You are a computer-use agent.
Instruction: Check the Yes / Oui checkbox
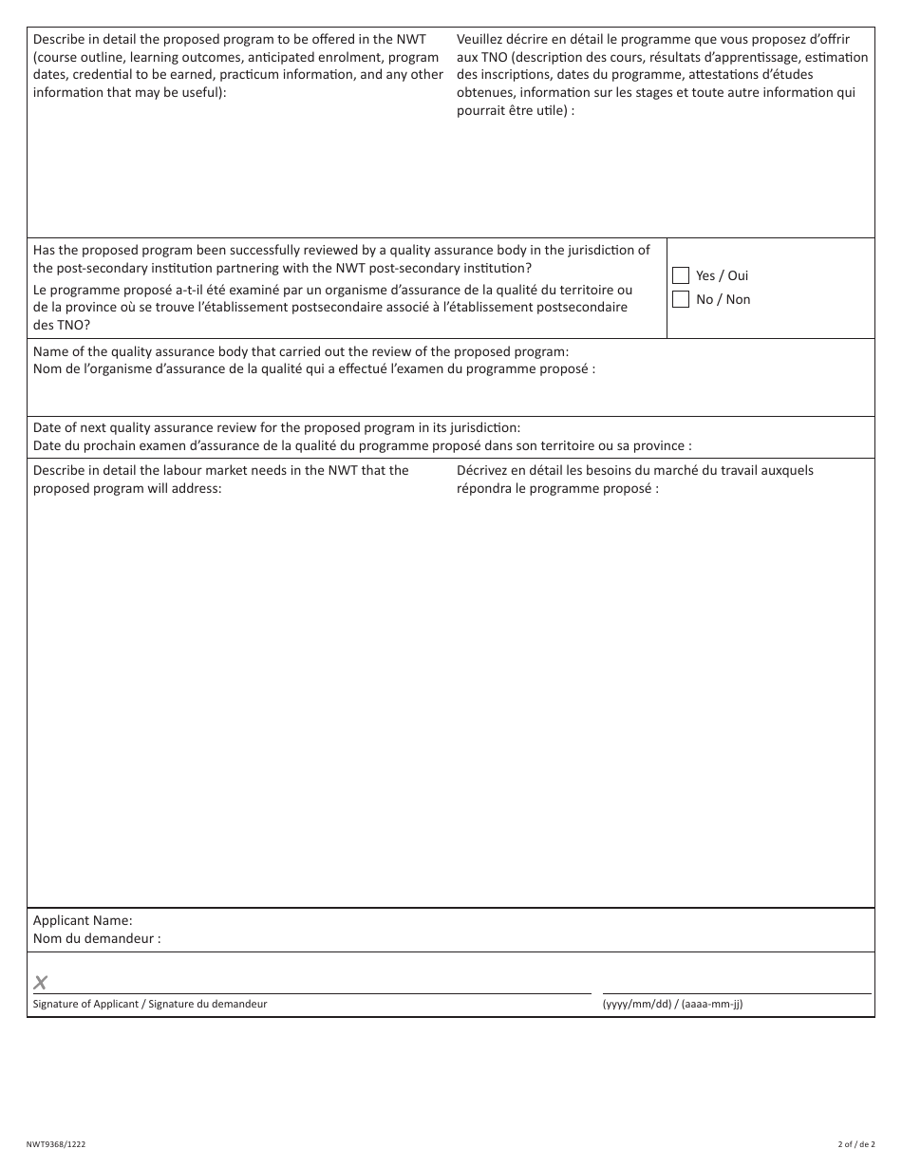coord(681,275)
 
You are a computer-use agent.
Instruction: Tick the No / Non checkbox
coord(681,299)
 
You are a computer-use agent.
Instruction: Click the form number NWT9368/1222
coord(56,1144)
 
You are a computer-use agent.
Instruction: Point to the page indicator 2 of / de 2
coord(855,1144)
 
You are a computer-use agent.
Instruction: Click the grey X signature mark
coord(41,983)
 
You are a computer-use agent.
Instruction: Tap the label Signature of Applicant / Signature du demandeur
coord(150,1004)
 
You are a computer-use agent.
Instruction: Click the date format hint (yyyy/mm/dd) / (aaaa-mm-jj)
coord(673,1004)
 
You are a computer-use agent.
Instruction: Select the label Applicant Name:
coord(83,920)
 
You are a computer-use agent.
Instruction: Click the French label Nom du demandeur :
coord(97,939)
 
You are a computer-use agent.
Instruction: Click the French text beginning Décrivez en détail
coord(634,470)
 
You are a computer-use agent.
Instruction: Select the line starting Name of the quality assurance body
coord(301,351)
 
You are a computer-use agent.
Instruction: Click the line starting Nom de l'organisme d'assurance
coord(314,369)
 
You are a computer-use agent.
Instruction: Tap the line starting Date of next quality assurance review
coord(276,427)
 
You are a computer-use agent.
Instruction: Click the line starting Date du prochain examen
coord(363,445)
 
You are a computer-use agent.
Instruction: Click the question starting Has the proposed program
coord(342,251)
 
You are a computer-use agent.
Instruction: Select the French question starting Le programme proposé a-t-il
coord(332,290)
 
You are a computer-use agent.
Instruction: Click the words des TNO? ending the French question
coord(62,325)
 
